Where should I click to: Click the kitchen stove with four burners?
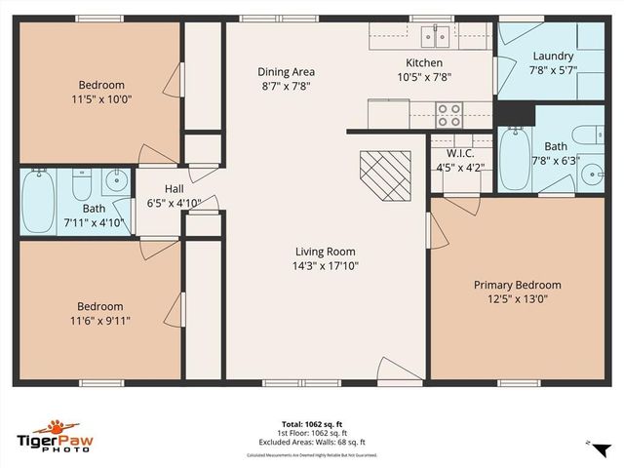coord(448,115)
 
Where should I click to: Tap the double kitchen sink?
coord(434,36)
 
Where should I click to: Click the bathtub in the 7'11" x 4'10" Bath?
coord(38,201)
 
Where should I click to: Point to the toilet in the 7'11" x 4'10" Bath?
coord(82,181)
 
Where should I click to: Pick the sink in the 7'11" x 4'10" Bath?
coord(115,179)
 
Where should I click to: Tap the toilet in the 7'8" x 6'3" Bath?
coord(588,136)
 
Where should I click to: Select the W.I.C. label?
coord(460,153)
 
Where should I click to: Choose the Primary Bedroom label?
coord(517,285)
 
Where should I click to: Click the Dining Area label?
coord(286,71)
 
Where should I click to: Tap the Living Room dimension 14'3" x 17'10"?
coord(327,265)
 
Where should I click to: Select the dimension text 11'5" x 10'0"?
coord(102,98)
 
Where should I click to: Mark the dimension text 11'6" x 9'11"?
coord(101,320)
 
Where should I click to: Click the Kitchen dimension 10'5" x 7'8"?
coord(424,77)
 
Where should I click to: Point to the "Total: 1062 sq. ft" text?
coord(311,424)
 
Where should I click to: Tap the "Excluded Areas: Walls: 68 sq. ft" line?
coord(311,441)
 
